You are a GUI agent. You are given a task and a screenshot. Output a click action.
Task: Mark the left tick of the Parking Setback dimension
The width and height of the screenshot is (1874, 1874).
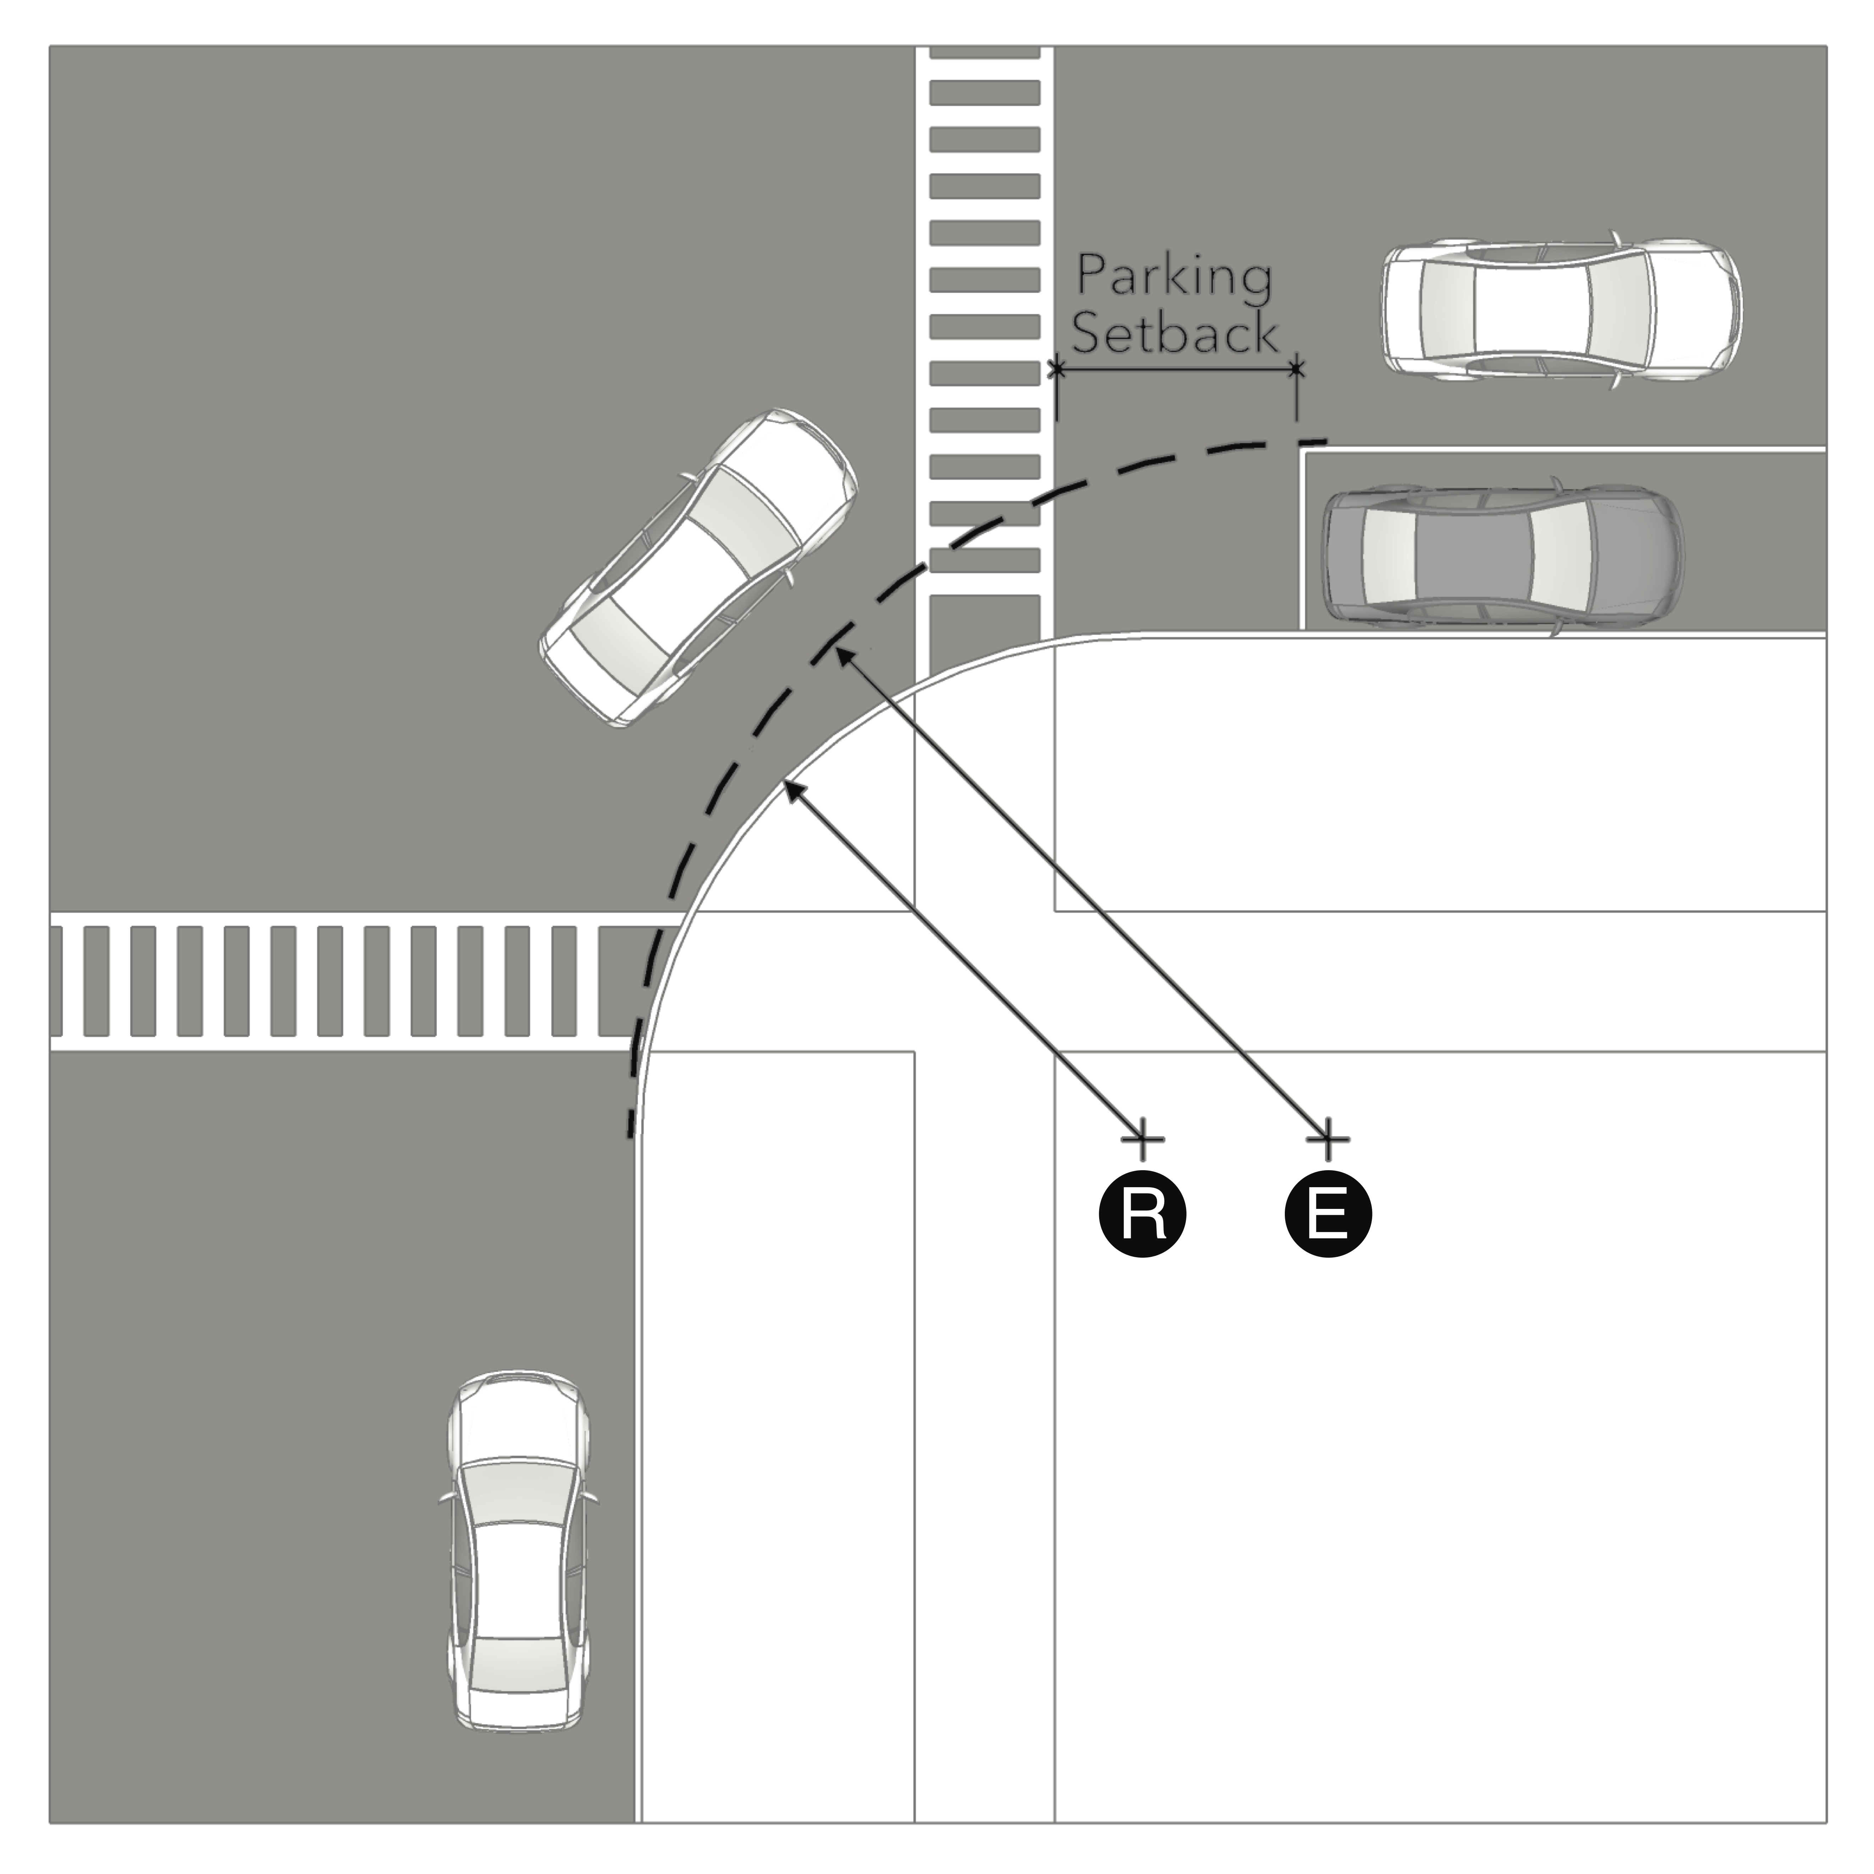click(1056, 369)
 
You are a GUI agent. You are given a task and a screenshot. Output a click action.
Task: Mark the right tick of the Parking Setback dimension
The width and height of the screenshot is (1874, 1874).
click(1297, 369)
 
